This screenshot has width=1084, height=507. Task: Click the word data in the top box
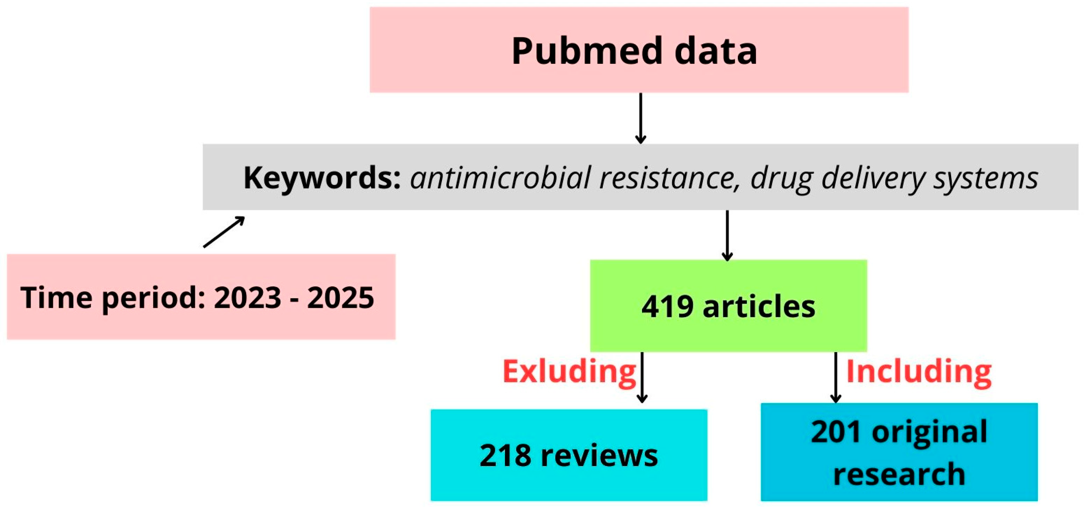click(x=716, y=51)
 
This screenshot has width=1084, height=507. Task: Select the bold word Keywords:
click(x=322, y=177)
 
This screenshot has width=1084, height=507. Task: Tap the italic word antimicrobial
click(x=501, y=177)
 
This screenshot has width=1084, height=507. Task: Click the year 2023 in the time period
click(x=247, y=297)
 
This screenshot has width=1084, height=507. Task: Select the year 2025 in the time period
click(x=340, y=297)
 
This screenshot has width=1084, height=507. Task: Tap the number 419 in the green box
click(x=667, y=306)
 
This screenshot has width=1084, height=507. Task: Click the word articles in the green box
click(x=759, y=306)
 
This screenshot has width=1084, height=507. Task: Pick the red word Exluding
click(x=569, y=371)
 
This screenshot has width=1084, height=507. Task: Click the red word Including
click(x=919, y=371)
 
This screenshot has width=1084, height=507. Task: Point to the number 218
click(x=505, y=455)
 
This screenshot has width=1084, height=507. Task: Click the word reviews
click(x=599, y=455)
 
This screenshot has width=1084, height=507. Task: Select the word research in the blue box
click(x=899, y=474)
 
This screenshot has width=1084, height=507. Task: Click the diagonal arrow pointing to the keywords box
click(x=224, y=232)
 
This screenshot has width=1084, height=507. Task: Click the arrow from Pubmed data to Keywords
click(x=640, y=118)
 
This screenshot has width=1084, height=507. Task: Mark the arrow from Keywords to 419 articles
click(x=727, y=235)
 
